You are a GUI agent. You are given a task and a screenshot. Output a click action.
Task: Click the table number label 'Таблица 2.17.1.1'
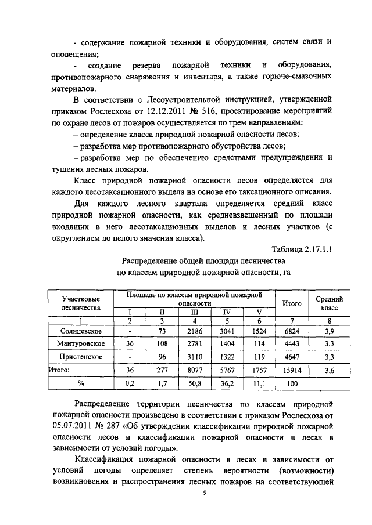(x=306, y=250)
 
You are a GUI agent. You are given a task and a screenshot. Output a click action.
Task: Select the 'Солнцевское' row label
(x=81, y=331)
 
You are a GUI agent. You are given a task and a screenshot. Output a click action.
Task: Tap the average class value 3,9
(x=329, y=331)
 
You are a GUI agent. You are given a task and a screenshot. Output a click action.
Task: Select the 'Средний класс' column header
(x=329, y=303)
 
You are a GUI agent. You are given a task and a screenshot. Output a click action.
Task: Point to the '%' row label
(x=81, y=383)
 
